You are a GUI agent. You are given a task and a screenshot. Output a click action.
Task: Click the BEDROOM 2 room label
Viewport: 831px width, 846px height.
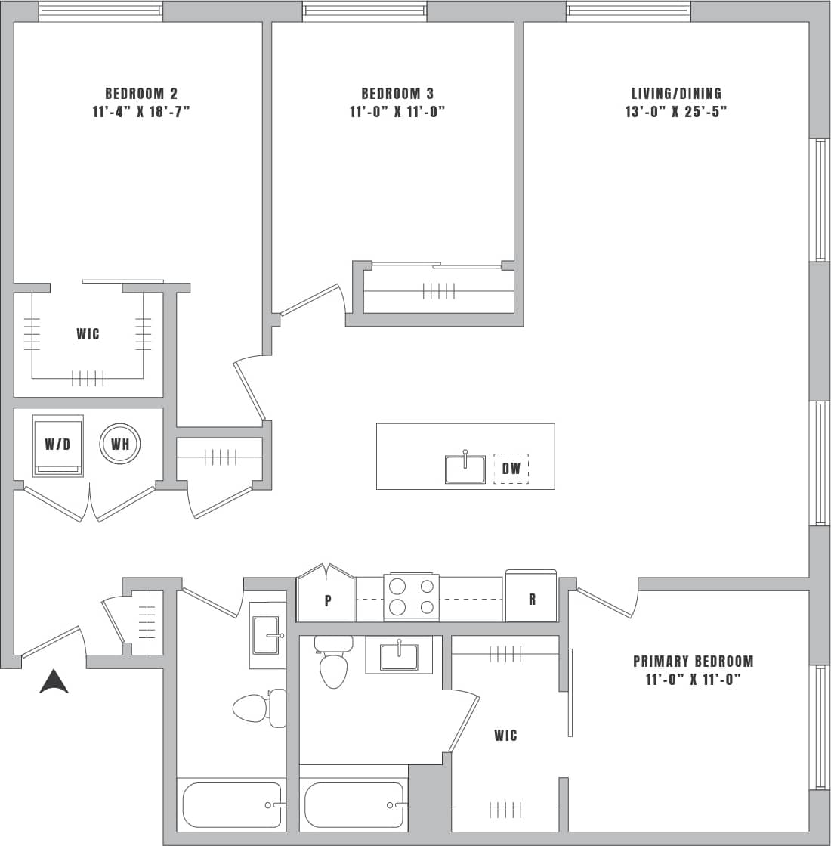point(141,94)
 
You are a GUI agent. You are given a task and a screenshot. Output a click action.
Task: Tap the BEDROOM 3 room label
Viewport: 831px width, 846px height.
point(397,94)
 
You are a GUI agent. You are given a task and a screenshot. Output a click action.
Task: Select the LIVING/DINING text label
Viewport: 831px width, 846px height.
point(676,94)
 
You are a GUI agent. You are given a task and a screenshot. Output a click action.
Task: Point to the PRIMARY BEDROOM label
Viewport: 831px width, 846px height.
point(693,662)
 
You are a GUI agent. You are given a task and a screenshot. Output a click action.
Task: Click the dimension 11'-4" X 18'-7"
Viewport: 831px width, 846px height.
point(141,112)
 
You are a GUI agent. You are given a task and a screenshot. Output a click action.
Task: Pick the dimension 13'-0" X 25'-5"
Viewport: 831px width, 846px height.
point(676,112)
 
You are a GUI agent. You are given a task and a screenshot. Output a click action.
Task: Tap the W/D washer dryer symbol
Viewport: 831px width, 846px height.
point(57,445)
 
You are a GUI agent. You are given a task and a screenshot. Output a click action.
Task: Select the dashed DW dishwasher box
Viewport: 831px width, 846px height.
point(511,469)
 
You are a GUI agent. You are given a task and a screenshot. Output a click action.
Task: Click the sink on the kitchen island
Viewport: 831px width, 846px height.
point(465,468)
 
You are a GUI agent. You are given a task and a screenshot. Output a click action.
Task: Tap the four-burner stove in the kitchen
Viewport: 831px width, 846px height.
point(412,597)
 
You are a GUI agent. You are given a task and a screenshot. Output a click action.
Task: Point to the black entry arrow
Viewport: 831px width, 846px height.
point(54,682)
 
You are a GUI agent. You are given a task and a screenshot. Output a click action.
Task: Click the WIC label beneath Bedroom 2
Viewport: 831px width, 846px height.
point(88,334)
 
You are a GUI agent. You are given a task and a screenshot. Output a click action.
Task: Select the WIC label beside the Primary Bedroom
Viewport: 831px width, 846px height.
point(505,736)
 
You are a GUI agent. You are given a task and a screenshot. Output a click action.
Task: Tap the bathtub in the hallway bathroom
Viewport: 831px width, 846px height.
point(233,804)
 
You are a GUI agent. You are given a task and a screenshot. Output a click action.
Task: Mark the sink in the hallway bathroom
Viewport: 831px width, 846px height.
point(267,635)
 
